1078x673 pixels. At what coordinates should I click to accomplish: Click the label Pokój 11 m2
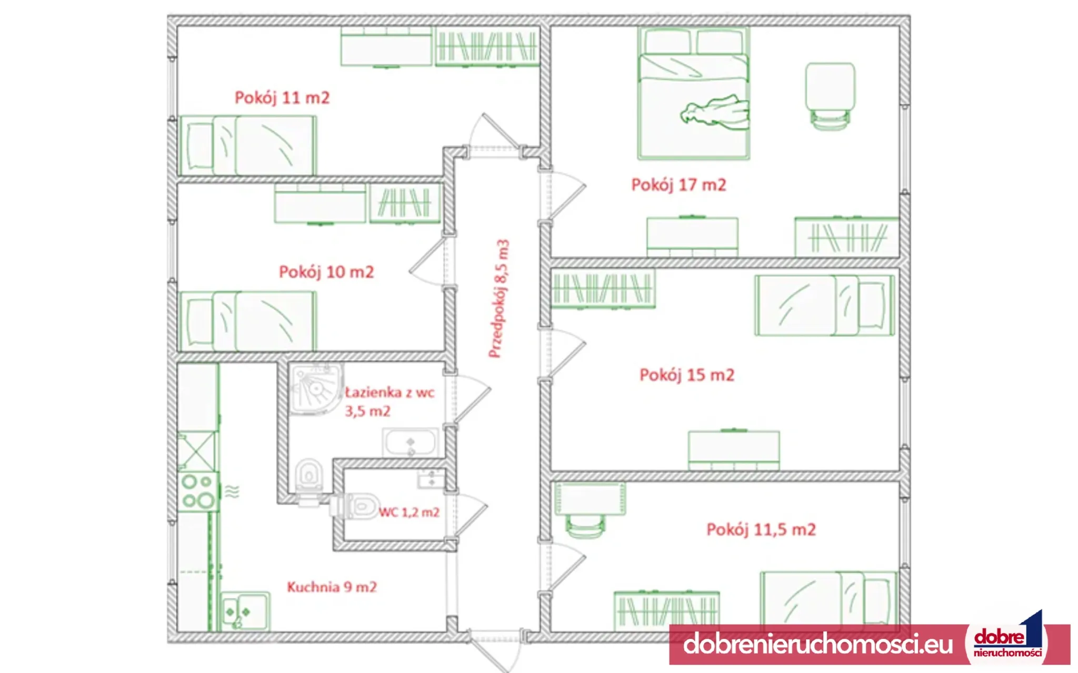click(282, 98)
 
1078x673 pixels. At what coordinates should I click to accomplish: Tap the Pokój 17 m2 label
click(678, 185)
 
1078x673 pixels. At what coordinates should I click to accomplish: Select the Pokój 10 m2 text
click(326, 272)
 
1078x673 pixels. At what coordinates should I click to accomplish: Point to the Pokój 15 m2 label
click(687, 375)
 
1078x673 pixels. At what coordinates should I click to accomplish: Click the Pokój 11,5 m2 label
click(761, 529)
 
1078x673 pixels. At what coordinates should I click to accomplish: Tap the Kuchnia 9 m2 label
click(332, 587)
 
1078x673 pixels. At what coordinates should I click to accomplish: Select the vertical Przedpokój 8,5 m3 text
click(499, 299)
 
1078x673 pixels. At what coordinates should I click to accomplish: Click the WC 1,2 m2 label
click(409, 512)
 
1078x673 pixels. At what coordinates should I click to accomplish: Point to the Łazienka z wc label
click(390, 392)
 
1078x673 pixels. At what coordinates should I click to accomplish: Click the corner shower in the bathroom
click(316, 389)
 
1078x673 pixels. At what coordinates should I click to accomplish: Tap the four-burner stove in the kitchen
click(198, 492)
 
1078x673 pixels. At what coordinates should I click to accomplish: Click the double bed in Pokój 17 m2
click(694, 93)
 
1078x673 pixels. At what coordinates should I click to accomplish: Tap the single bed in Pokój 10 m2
click(248, 321)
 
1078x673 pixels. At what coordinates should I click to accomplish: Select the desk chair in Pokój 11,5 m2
click(585, 526)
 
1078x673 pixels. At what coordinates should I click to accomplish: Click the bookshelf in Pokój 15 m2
click(603, 289)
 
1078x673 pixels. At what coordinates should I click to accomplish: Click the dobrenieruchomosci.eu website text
click(818, 644)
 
